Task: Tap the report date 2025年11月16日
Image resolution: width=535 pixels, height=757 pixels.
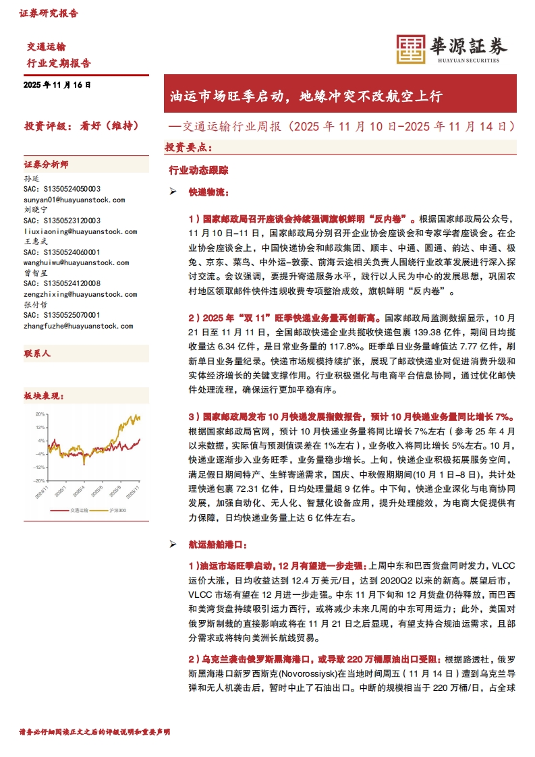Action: [57, 86]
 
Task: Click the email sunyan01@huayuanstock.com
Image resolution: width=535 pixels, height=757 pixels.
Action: [74, 200]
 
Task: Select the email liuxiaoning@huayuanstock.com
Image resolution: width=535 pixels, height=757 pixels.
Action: [80, 231]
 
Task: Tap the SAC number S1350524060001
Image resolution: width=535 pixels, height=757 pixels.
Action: [62, 252]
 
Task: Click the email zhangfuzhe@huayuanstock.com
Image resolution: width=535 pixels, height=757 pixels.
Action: [78, 326]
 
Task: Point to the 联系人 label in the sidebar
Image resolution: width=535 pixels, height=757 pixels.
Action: [38, 354]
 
